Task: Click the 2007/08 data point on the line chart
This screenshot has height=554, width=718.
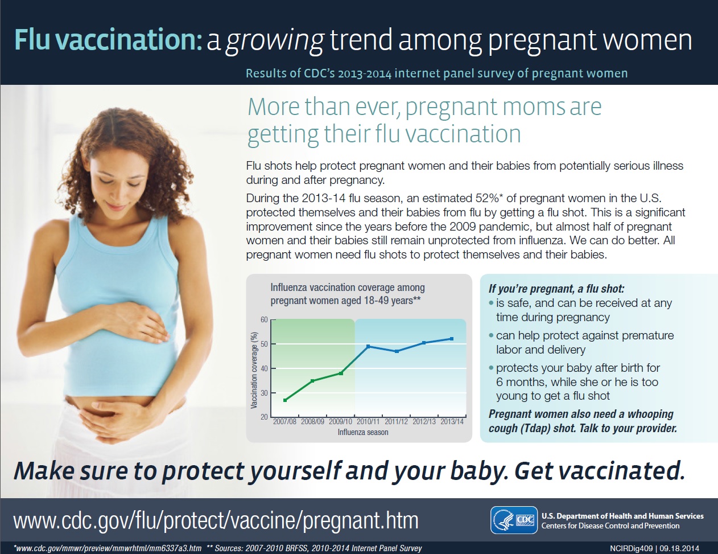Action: (285, 400)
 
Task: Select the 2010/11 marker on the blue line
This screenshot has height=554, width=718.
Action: (368, 346)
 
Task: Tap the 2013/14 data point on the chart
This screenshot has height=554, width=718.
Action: (452, 339)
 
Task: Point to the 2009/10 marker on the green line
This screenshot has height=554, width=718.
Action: (341, 373)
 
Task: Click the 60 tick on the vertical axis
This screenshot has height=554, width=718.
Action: (264, 319)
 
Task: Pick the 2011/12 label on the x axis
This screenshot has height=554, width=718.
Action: (396, 422)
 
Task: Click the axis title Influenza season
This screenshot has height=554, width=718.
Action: (363, 432)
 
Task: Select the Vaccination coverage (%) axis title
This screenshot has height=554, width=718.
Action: (254, 370)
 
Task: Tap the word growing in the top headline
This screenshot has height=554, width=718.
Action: (275, 40)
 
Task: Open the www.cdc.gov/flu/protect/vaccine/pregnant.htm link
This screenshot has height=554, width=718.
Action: (216, 520)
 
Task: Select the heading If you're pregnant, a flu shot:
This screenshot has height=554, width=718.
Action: (556, 289)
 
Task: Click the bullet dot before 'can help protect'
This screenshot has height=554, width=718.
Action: (492, 336)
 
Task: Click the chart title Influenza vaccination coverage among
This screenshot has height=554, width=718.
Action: (348, 287)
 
